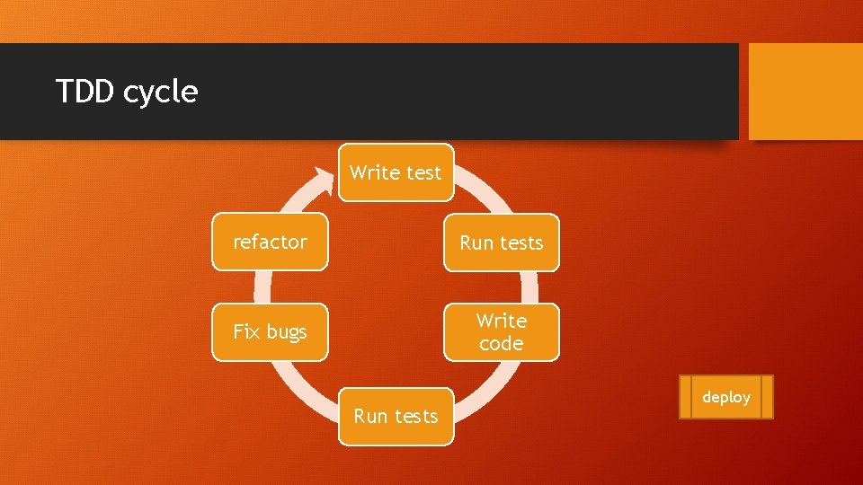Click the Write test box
point(396,172)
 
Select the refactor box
point(270,242)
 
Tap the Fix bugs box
point(270,331)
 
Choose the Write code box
point(501,331)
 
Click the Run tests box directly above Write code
point(501,242)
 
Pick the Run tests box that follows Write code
point(396,416)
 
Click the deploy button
point(725,397)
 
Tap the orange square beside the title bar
point(805,92)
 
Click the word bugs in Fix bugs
point(287,332)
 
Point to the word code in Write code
point(501,343)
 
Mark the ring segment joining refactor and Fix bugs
point(262,287)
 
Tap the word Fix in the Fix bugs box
point(246,331)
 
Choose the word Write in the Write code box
point(502,321)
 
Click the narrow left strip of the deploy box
point(685,397)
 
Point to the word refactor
point(270,242)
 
